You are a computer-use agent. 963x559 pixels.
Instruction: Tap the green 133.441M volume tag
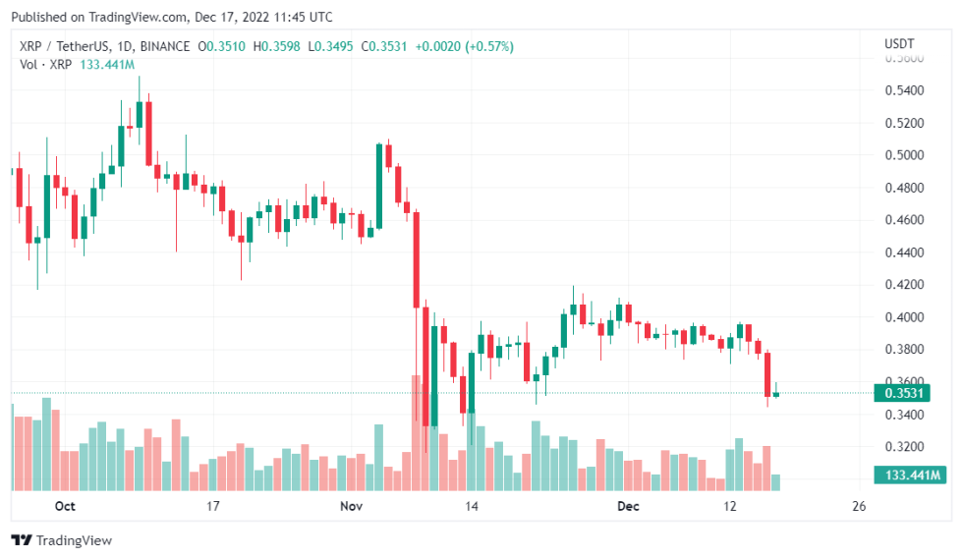coord(908,476)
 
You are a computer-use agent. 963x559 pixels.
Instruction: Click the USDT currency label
coord(899,44)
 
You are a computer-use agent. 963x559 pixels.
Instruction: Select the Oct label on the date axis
coord(65,507)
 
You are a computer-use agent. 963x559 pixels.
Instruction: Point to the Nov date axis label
coord(351,507)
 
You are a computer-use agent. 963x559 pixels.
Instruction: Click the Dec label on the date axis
coord(628,507)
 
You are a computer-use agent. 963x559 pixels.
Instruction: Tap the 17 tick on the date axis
coord(212,507)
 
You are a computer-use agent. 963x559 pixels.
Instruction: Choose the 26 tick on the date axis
coord(859,507)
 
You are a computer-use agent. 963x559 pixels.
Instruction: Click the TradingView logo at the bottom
coord(61,540)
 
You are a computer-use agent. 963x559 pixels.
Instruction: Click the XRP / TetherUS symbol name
coord(65,46)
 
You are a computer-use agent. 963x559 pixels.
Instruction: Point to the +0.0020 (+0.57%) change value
coord(462,46)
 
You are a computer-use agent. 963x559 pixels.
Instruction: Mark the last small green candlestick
coord(776,394)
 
